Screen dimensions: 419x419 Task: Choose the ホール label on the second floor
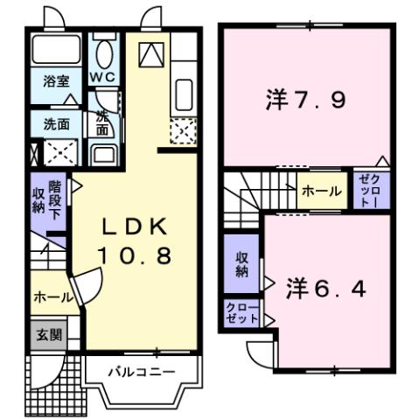click(x=321, y=191)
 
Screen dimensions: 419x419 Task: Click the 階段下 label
click(x=55, y=199)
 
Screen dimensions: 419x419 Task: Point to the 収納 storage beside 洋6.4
click(x=240, y=264)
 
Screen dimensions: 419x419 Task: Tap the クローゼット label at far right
click(x=367, y=191)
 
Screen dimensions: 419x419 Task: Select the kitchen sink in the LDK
click(x=184, y=93)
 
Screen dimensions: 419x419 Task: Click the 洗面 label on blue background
click(x=57, y=124)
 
